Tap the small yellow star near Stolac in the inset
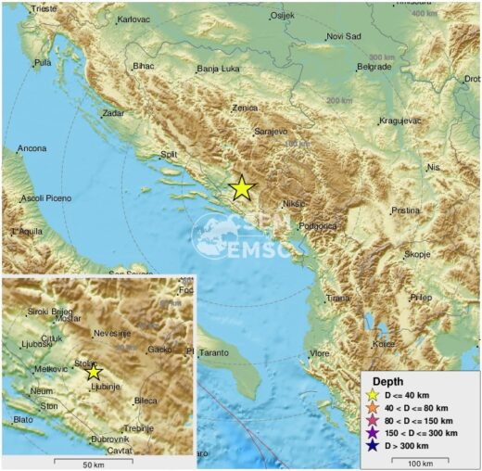point(93,371)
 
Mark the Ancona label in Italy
point(32,148)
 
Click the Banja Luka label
point(219,69)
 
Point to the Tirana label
point(338,298)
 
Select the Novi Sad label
point(344,36)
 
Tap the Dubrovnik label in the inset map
point(109,439)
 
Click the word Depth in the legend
point(387,381)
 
